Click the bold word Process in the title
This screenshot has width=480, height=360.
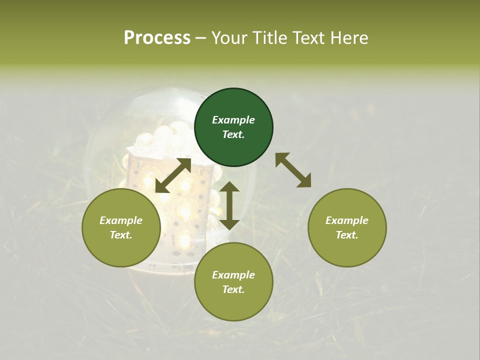157,38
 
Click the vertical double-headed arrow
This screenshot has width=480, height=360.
229,206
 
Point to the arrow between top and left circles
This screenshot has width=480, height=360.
173,175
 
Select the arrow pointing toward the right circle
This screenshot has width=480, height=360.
293,170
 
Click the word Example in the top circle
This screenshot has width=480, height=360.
233,120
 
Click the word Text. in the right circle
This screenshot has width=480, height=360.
347,235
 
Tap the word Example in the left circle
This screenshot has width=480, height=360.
121,220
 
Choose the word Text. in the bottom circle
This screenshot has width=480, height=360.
233,289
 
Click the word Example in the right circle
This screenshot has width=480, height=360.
347,220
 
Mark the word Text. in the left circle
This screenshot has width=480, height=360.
121,235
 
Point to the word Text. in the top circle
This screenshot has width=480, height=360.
233,134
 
